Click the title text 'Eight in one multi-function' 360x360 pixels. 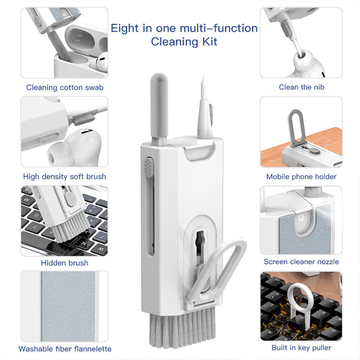point(184,28)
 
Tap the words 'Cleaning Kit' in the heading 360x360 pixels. point(184,41)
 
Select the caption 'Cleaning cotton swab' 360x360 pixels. point(65,87)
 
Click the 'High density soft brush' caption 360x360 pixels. point(64,176)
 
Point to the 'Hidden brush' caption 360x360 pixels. point(64,263)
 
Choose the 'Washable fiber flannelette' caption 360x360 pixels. point(65,349)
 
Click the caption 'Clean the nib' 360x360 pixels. point(301,87)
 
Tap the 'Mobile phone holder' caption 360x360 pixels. point(301,176)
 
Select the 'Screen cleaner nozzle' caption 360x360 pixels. point(301,262)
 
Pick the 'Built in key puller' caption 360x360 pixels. point(301,347)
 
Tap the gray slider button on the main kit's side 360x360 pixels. point(148,167)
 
